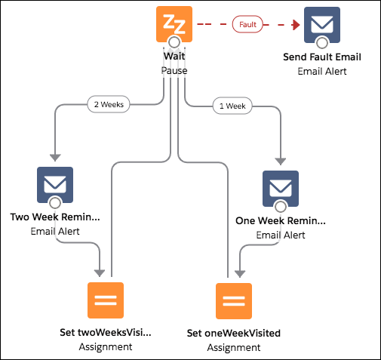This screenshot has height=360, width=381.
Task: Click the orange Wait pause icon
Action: click(174, 24)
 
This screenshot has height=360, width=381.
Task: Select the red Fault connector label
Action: click(247, 24)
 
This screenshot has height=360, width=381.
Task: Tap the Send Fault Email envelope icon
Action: click(322, 25)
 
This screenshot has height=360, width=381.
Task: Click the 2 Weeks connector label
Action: click(109, 104)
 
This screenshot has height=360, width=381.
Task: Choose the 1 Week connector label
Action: click(232, 106)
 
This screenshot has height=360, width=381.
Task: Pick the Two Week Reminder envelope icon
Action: click(55, 185)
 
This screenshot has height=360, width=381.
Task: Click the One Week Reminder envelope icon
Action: click(281, 189)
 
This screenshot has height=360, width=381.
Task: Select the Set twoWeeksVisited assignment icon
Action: click(106, 300)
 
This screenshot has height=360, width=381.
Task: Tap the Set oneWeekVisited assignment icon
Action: click(234, 301)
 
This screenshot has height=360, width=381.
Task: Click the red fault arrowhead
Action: click(297, 25)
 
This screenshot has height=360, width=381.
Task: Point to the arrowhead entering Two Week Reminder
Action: click(55, 158)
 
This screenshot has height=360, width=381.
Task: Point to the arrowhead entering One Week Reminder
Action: click(281, 162)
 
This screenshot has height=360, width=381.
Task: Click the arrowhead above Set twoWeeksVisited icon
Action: click(100, 273)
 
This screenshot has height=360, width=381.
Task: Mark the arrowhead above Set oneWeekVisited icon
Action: click(240, 274)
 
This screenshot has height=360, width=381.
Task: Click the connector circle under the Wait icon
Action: click(174, 42)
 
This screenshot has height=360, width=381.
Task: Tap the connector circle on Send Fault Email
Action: click(322, 43)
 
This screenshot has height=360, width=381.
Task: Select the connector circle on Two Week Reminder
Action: click(55, 203)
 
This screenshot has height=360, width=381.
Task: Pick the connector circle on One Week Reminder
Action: click(281, 207)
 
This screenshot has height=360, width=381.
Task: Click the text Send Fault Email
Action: click(322, 57)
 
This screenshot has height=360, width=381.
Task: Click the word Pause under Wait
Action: click(174, 71)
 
